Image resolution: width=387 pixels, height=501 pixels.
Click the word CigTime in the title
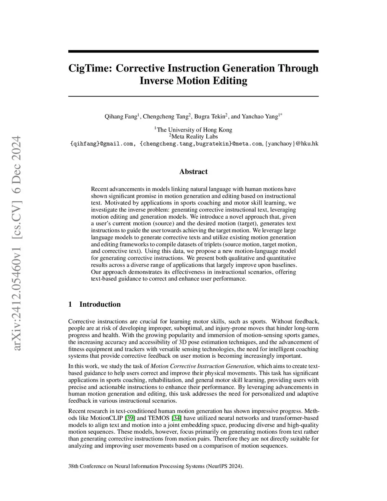pos(91,68)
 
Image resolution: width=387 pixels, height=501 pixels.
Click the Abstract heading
pos(193,172)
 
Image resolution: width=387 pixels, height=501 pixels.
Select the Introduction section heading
pos(100,304)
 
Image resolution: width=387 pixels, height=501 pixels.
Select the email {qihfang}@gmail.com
pos(102,144)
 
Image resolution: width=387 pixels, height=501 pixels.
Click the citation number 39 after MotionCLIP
pos(130,418)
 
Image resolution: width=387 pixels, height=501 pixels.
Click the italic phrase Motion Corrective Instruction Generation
pos(202,366)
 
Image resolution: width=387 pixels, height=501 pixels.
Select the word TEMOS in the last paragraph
pos(159,418)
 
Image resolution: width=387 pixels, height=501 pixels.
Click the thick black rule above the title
pos(193,51)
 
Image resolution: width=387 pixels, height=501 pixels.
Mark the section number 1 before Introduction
pos(70,304)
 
